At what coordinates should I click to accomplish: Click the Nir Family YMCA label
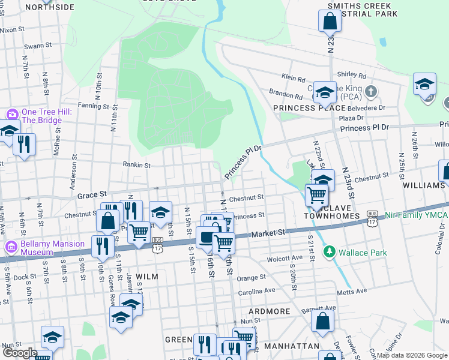tap(415, 214)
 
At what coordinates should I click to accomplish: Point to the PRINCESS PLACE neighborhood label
tap(309, 108)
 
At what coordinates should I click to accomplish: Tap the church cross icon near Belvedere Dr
tap(372, 92)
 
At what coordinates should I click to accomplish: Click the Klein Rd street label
tap(294, 77)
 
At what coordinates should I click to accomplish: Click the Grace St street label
tap(91, 194)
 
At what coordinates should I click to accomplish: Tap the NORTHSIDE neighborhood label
tap(50, 7)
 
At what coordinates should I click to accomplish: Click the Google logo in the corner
tap(20, 353)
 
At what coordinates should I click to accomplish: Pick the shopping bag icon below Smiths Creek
tap(330, 22)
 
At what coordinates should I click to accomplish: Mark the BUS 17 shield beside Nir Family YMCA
tap(372, 218)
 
